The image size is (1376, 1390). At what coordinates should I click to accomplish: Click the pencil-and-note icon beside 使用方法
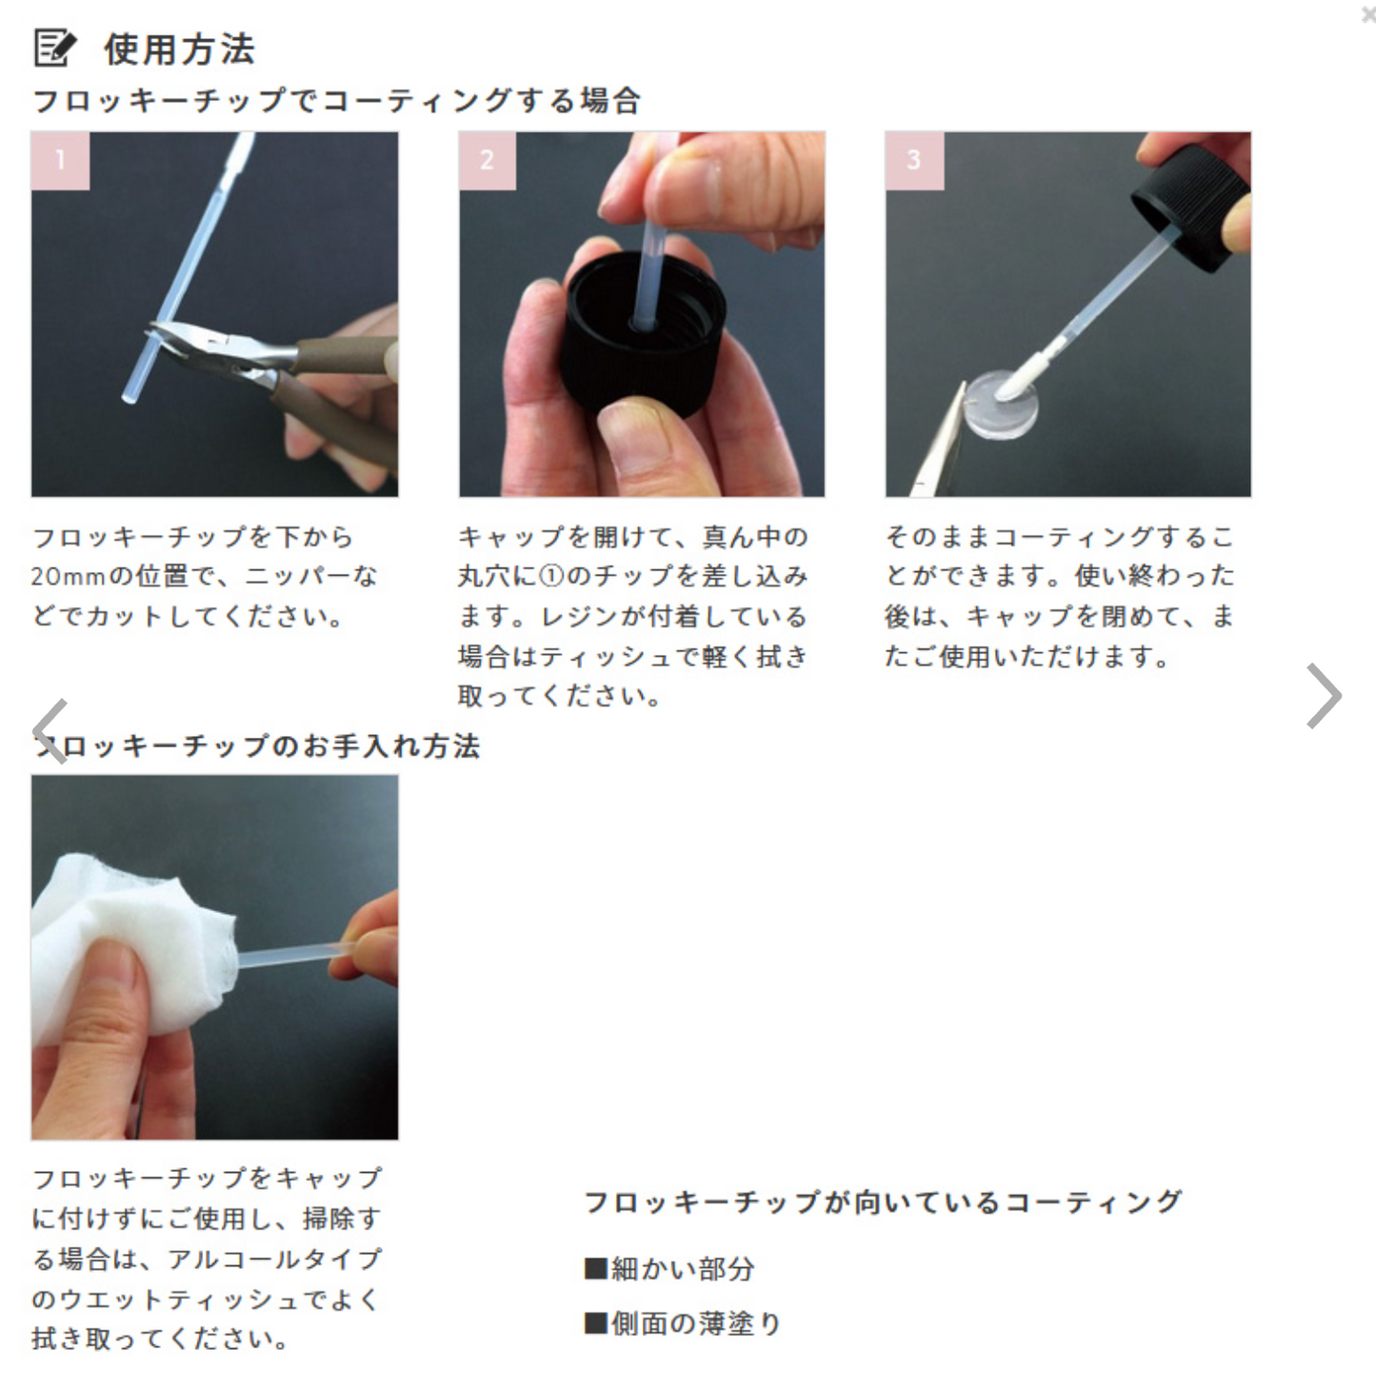coord(54,48)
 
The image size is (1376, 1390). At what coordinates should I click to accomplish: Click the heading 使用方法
coord(179,50)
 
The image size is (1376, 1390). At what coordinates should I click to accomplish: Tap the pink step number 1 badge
coord(60,160)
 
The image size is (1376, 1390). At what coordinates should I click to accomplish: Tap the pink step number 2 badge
coord(487,160)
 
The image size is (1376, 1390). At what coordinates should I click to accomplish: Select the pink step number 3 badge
coord(913,160)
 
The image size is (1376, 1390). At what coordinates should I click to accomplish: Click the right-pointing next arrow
coord(1324,696)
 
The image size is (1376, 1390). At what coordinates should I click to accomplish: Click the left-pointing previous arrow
coord(50,730)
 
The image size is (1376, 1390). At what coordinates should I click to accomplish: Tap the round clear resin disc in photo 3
coord(1000,405)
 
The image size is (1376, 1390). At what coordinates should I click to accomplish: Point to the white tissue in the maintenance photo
coord(124,943)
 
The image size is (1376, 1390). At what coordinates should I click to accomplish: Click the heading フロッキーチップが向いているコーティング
coord(882,1202)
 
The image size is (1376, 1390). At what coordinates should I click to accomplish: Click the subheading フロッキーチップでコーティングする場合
coord(336,101)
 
